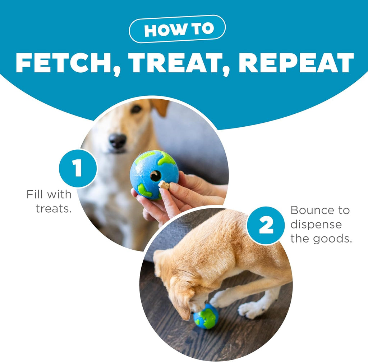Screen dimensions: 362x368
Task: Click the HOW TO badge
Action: tap(177, 29)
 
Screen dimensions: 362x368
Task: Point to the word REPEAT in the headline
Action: tap(296, 63)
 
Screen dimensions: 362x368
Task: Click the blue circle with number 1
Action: tap(78, 168)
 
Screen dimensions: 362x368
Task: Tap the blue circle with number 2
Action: tap(266, 226)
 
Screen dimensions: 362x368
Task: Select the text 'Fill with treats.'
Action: tap(50, 202)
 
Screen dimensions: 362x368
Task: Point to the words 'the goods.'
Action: tap(321, 239)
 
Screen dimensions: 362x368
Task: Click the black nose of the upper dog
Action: tap(118, 141)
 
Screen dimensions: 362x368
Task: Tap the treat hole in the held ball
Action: tap(155, 176)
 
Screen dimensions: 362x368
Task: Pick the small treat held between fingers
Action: tap(164, 185)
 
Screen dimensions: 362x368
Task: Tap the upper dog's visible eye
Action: tap(136, 109)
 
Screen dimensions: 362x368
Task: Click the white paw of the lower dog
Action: tap(252, 309)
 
